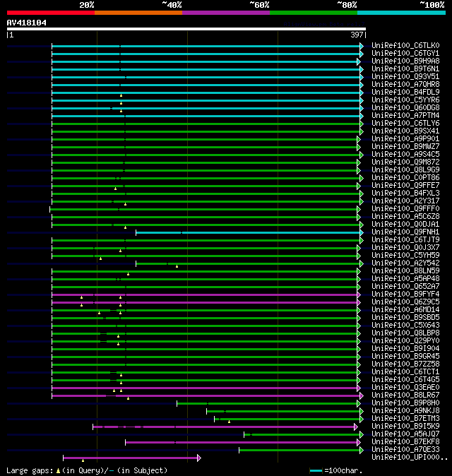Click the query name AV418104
(x=27, y=23)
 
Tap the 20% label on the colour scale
(x=86, y=4)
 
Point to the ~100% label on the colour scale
(x=432, y=4)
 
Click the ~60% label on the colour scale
(x=259, y=4)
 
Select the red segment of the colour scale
(x=50, y=12)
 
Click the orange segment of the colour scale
(x=138, y=12)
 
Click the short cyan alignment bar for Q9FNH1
(x=247, y=232)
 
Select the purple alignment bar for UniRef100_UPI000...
(x=131, y=458)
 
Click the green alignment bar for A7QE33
(x=300, y=450)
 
